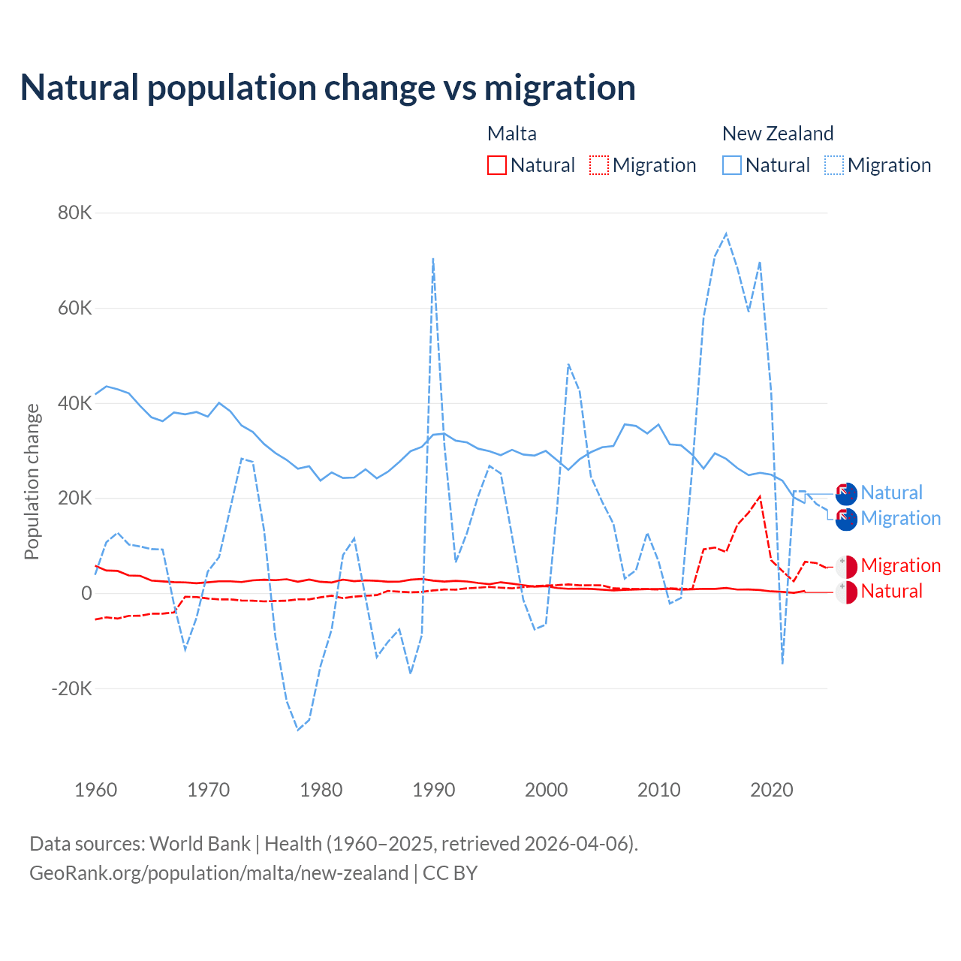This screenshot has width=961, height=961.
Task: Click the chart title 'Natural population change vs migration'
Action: [x=328, y=88]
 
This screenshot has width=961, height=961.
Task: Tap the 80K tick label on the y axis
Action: [x=74, y=213]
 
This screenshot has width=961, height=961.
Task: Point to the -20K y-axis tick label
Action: [x=71, y=688]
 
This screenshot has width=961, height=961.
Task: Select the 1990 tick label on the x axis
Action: [x=434, y=790]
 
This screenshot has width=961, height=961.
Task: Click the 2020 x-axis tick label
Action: [x=772, y=790]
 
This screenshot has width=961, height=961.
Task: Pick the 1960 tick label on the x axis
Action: [x=96, y=790]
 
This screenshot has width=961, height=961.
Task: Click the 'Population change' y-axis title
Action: [x=32, y=481]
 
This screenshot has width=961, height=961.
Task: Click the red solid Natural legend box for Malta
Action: [x=497, y=165]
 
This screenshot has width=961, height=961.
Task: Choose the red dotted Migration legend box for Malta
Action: [x=599, y=165]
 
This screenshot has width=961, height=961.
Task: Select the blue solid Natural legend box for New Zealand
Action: [x=732, y=165]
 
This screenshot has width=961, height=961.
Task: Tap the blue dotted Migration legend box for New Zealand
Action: [x=834, y=165]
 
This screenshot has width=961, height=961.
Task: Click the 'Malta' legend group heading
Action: [x=512, y=134]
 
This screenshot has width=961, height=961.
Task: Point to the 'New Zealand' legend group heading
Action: [x=778, y=134]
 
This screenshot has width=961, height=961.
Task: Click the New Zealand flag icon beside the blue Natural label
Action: [x=846, y=494]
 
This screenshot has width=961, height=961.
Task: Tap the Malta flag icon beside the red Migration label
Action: [x=846, y=567]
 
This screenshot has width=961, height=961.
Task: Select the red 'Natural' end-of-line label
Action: [x=891, y=592]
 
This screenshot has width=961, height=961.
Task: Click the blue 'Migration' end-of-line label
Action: [x=900, y=519]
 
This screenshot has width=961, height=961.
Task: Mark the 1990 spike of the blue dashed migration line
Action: [x=433, y=259]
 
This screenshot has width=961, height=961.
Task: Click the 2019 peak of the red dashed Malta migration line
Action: [x=761, y=496]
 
